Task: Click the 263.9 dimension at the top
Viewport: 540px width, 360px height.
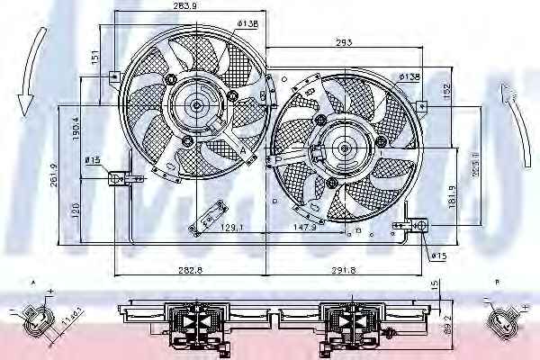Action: (x=185, y=9)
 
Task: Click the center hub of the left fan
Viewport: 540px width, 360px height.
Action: (x=196, y=105)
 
